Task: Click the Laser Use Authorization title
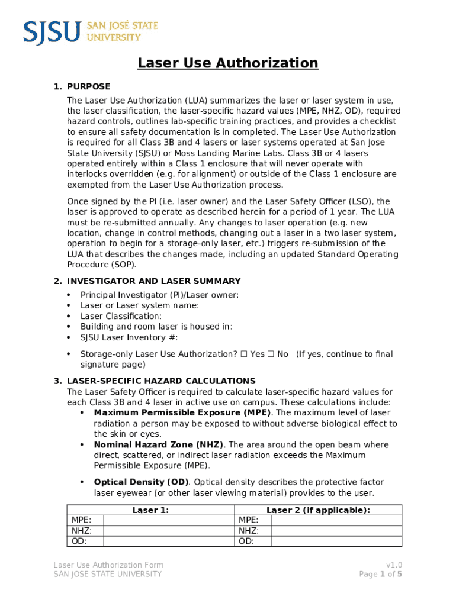click(228, 63)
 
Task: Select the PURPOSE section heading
click(88, 86)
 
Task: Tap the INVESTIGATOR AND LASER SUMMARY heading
click(154, 281)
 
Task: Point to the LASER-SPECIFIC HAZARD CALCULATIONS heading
click(161, 381)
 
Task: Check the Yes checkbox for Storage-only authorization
click(244, 354)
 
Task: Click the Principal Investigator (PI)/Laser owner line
click(159, 295)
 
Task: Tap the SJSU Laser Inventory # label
click(129, 337)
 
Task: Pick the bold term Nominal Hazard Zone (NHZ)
click(158, 444)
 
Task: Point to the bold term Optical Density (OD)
click(141, 482)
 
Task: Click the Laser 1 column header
click(150, 510)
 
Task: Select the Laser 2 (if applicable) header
click(318, 510)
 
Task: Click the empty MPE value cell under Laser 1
click(169, 520)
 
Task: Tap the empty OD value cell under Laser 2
click(336, 541)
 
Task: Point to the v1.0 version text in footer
click(394, 565)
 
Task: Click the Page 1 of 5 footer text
click(380, 574)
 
